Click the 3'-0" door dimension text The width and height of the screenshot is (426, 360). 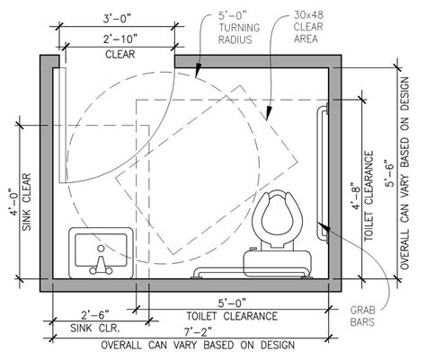pyautogui.click(x=117, y=19)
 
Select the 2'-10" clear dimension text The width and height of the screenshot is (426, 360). pyautogui.click(x=120, y=39)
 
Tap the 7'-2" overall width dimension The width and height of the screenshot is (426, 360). pyautogui.click(x=198, y=331)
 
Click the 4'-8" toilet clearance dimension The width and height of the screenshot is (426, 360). pyautogui.click(x=355, y=197)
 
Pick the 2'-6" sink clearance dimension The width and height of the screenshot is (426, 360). pyautogui.click(x=95, y=315)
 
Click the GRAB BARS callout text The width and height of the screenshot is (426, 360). pyautogui.click(x=362, y=316)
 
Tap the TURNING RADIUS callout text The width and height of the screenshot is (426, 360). pyautogui.click(x=239, y=33)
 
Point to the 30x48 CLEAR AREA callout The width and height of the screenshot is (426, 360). pyautogui.click(x=308, y=27)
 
